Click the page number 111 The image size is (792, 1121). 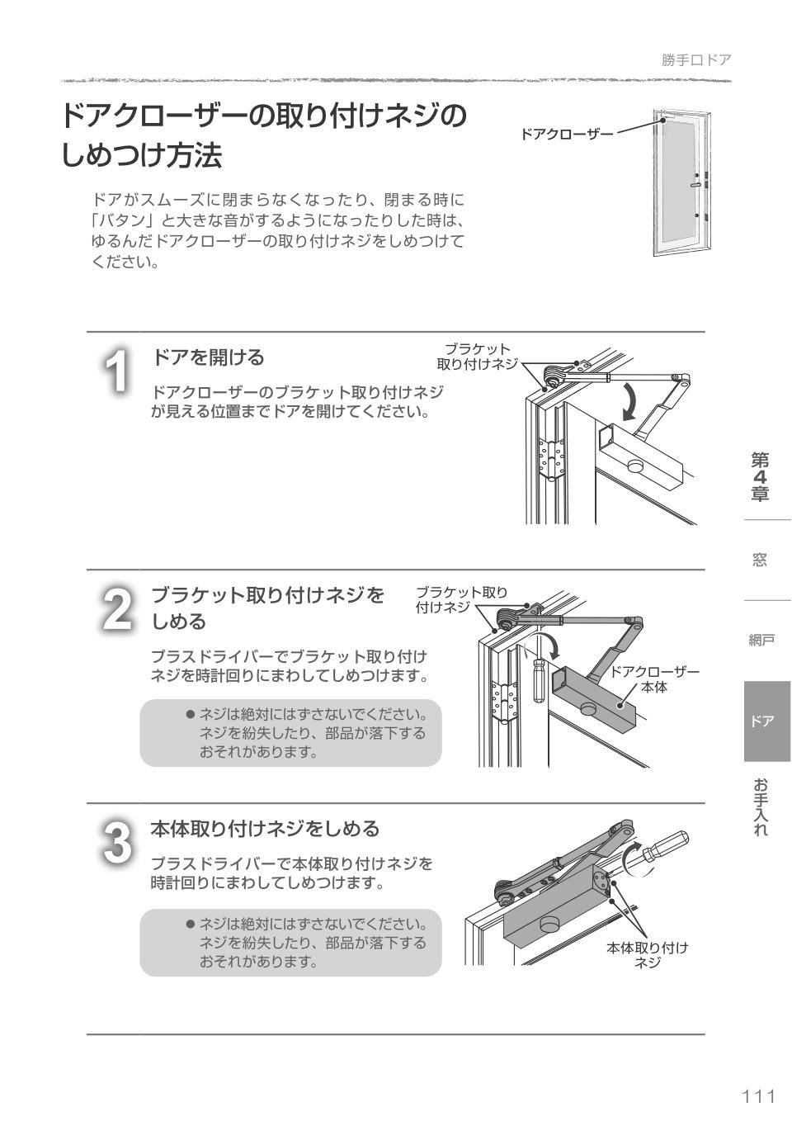tap(758, 1096)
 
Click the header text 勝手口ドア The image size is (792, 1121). tap(695, 60)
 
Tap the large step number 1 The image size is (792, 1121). tap(118, 371)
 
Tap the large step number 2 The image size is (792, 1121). tap(118, 609)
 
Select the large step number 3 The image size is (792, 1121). tap(118, 843)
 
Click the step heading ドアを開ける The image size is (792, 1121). tap(208, 357)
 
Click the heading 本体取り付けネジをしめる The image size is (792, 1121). tap(265, 828)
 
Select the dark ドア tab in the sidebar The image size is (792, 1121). tap(766, 721)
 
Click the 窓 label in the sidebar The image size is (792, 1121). tap(760, 560)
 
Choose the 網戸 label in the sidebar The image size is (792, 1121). tap(761, 641)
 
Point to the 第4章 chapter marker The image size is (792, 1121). tap(760, 476)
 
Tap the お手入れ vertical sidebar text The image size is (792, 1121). tap(760, 806)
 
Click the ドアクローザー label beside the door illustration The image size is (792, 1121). tap(566, 134)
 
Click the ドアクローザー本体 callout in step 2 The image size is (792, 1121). tap(653, 679)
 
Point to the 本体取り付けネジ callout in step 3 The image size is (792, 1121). tap(647, 954)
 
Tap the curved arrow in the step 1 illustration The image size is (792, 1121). tap(630, 401)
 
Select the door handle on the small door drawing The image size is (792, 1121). tap(697, 186)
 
